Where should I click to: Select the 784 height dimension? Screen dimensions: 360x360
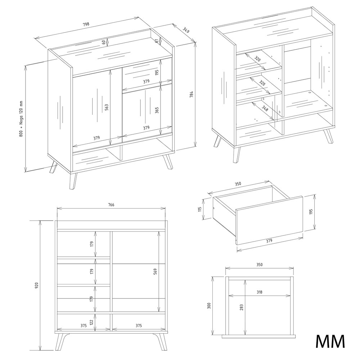coord(192,94)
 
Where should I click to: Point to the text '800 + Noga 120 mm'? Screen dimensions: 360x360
coord(21,119)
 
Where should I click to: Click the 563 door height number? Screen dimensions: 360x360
coord(107,107)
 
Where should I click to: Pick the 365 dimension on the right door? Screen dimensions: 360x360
coord(157,110)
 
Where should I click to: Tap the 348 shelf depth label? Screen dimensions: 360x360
coord(265,108)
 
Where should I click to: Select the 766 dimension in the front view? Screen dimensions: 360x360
coord(111,205)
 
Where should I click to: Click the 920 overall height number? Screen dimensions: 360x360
coord(36,285)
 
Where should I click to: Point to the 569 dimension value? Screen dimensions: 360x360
coord(155,271)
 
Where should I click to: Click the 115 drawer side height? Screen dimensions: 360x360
coord(200,209)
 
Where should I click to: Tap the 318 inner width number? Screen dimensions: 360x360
coord(260,292)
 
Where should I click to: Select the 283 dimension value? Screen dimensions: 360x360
coord(241,307)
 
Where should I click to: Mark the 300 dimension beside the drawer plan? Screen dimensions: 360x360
coord(209,305)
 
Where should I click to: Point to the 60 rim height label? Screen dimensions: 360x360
coord(104,42)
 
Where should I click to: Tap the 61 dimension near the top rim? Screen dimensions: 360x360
coord(157,41)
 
